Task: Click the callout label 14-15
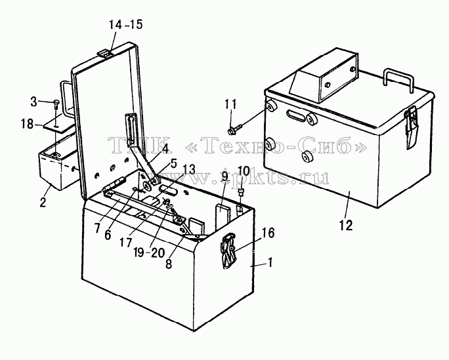point(125,25)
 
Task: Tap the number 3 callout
point(33,102)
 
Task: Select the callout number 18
point(27,124)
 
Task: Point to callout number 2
point(43,202)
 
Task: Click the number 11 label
point(230,104)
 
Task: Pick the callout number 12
point(346,226)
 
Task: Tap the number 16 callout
point(268,233)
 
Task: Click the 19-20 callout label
point(149,252)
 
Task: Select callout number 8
point(169,264)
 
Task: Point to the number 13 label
point(189,169)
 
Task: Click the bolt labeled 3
point(56,104)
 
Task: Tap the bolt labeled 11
point(235,129)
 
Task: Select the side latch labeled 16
point(228,250)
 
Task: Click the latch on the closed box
point(411,127)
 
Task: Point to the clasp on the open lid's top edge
point(104,52)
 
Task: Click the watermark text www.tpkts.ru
point(270,176)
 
